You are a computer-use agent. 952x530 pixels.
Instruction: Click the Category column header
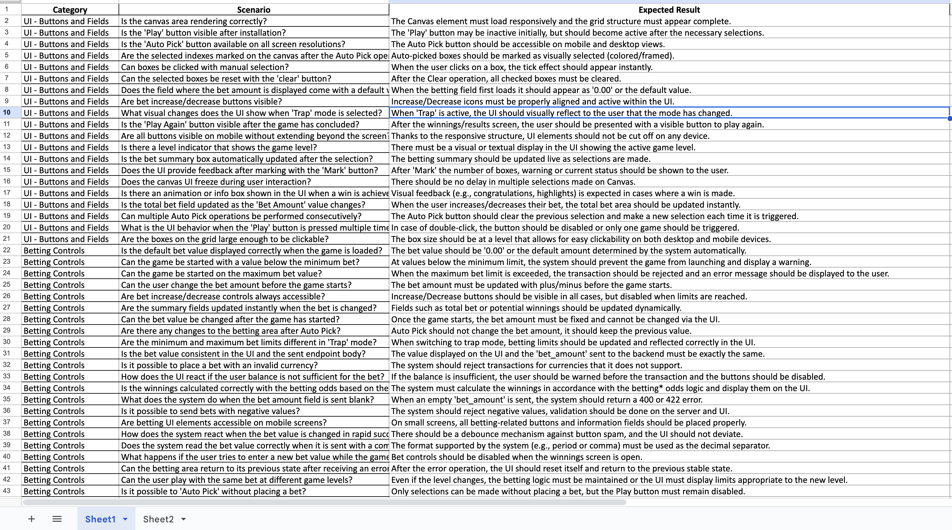point(70,10)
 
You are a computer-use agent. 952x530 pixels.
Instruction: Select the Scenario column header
point(254,10)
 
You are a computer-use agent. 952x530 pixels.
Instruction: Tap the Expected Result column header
point(669,10)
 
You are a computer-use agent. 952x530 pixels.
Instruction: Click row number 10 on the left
point(7,113)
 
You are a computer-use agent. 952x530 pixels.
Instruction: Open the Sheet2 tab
point(158,519)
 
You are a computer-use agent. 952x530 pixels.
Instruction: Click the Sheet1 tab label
point(100,519)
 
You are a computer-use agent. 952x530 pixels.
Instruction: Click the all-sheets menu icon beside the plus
point(57,519)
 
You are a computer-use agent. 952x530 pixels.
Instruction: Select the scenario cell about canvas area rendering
point(194,21)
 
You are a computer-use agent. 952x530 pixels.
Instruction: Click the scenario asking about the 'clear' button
point(226,79)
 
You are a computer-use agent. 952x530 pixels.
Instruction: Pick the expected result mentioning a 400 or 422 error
point(547,400)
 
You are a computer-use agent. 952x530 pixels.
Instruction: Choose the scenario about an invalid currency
point(219,365)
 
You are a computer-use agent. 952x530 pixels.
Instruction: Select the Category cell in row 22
point(54,251)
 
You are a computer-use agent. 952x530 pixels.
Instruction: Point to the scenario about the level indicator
point(219,147)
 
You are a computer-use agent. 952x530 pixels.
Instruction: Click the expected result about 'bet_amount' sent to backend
point(578,354)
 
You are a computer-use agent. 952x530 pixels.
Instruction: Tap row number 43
point(7,491)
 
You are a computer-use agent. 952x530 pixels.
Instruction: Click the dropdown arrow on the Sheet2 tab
point(184,519)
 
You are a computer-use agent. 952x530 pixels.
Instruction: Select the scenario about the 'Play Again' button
point(240,125)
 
